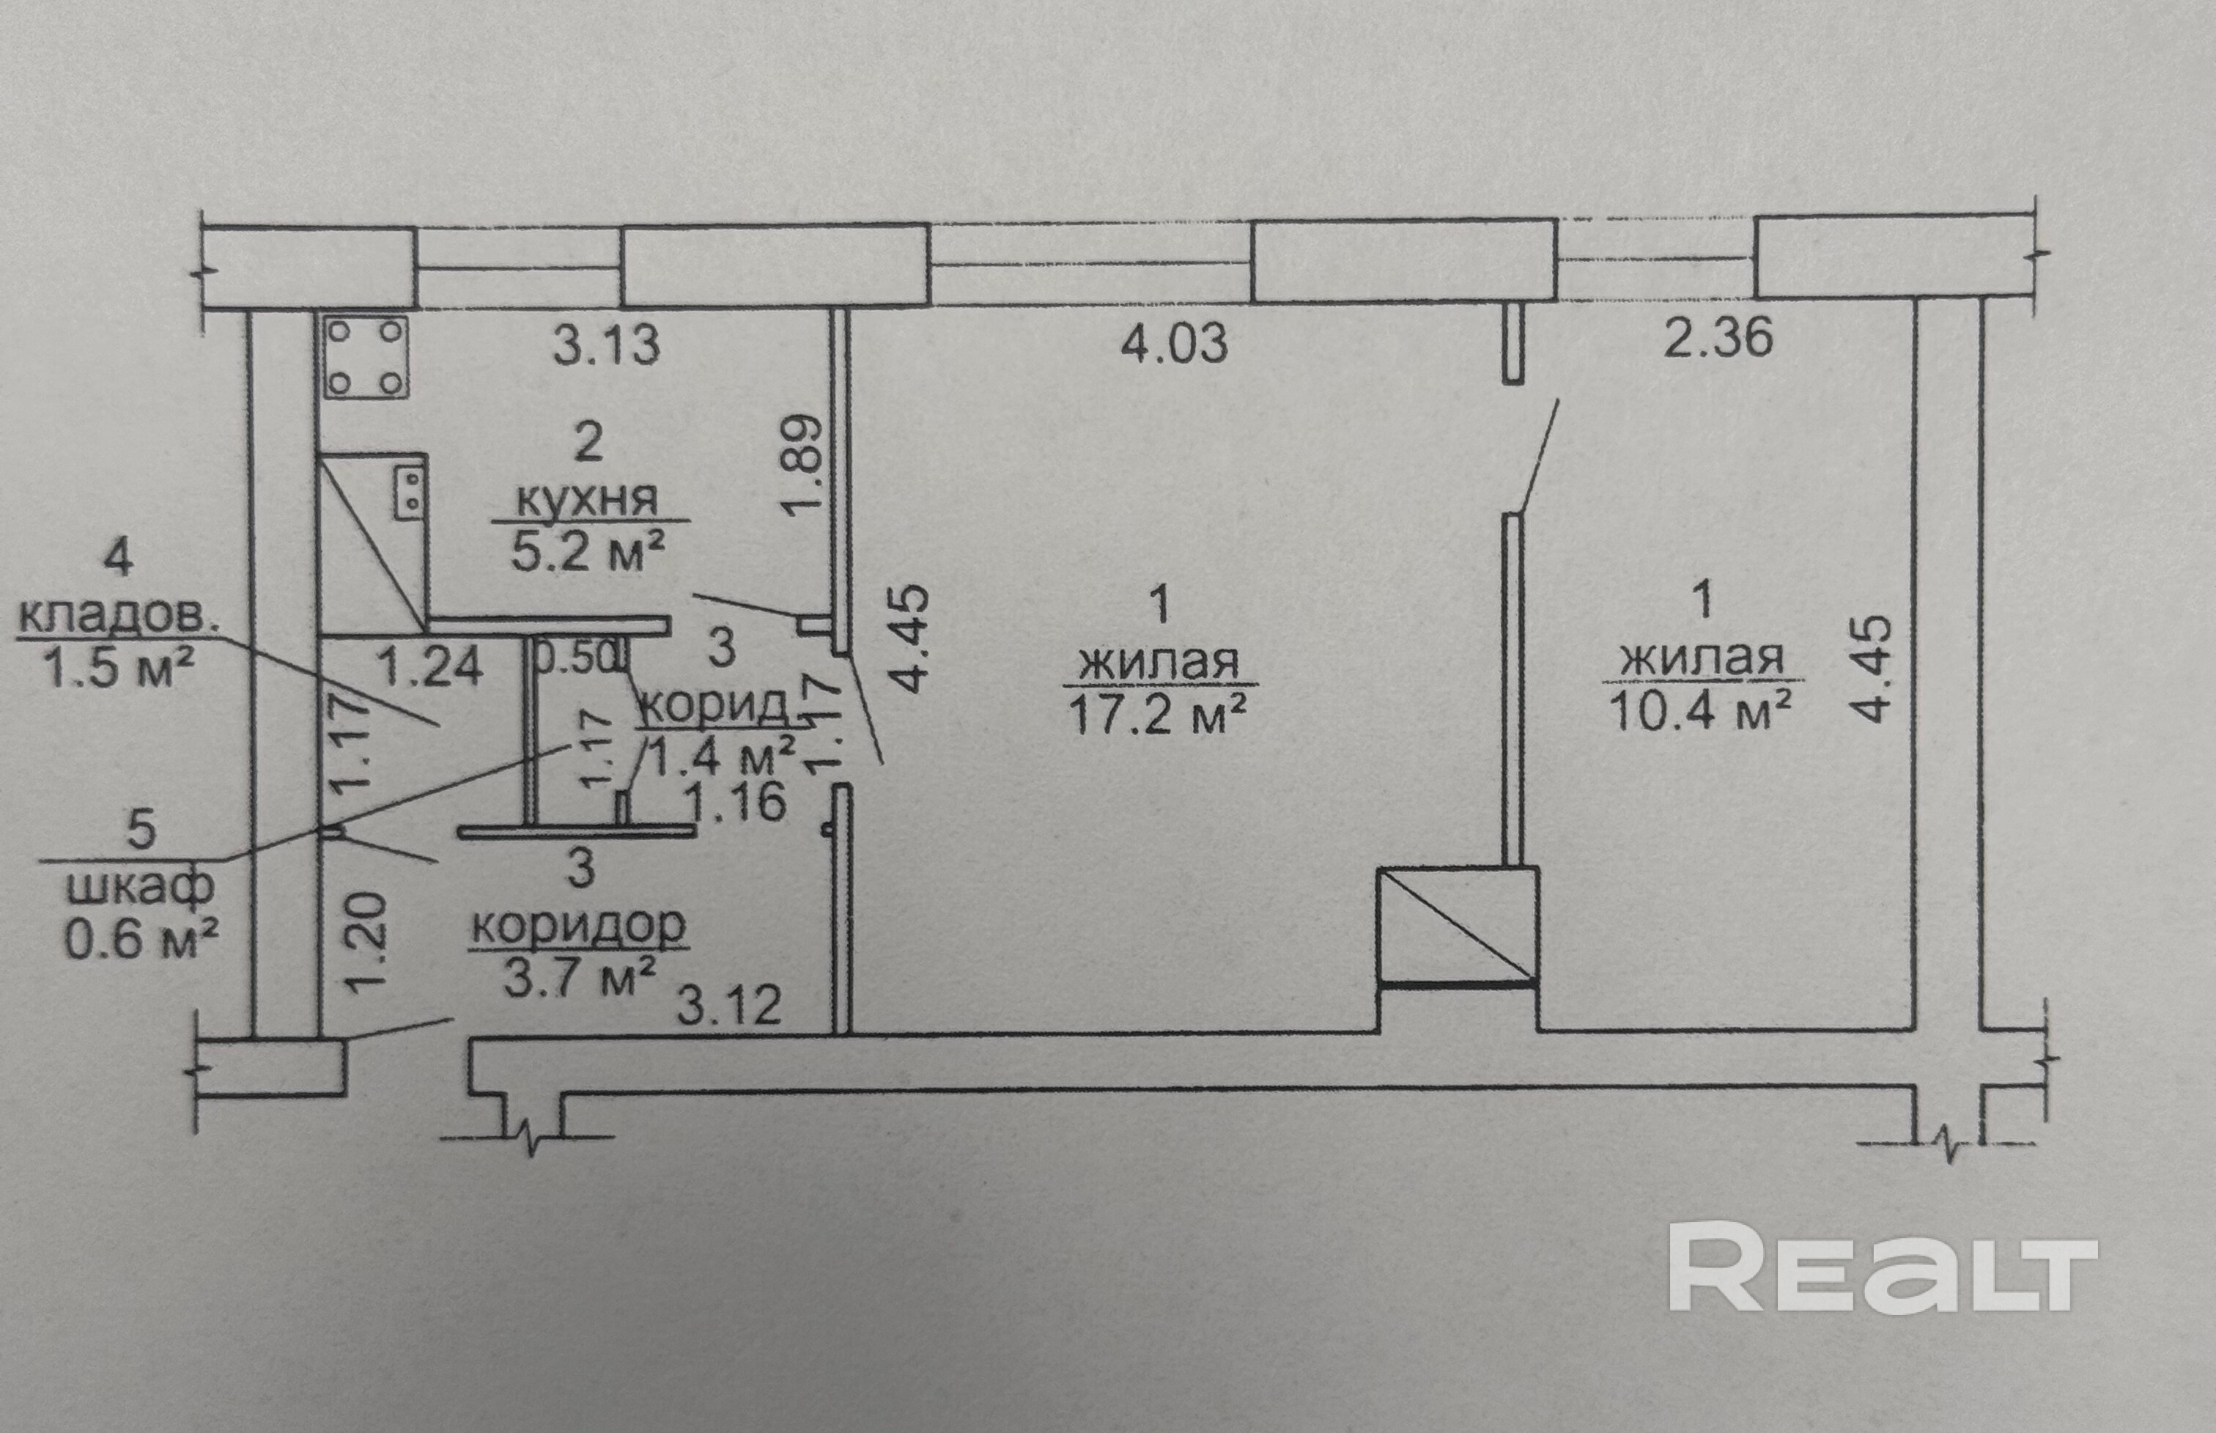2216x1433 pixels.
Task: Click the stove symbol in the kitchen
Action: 366,357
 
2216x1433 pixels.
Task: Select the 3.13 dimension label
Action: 607,345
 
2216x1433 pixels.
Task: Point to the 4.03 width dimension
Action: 1174,345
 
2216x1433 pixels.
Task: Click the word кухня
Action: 587,500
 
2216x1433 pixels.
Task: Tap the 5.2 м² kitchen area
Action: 588,553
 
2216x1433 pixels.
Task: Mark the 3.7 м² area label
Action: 580,977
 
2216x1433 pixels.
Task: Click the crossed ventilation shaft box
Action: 1457,925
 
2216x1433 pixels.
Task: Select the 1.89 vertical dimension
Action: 802,463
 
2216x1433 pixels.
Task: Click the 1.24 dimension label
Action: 431,666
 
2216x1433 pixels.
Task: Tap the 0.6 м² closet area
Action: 141,938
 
